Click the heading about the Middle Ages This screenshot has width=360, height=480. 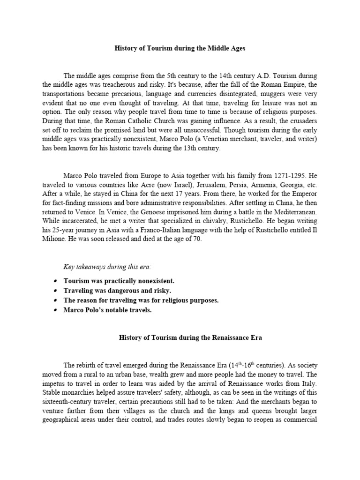tap(180, 48)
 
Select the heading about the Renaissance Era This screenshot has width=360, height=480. tap(180, 337)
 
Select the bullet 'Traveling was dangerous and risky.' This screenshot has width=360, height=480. tap(111, 291)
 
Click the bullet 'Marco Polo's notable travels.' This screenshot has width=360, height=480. tap(108, 310)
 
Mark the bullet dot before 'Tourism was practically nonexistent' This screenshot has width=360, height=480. tap(55, 281)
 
